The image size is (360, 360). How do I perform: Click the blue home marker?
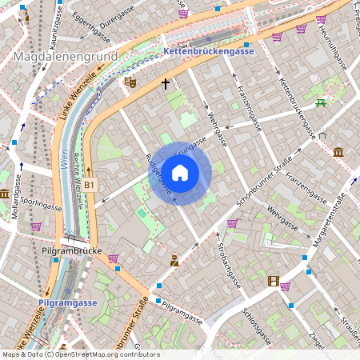pyautogui.click(x=180, y=173)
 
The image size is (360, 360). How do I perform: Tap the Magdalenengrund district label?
pyautogui.click(x=66, y=57)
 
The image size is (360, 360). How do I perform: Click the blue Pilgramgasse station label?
pyautogui.click(x=68, y=303)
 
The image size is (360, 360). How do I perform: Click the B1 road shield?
pyautogui.click(x=90, y=186)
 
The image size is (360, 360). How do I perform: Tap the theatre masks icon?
pyautogui.click(x=131, y=82)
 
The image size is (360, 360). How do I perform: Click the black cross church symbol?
pyautogui.click(x=166, y=83)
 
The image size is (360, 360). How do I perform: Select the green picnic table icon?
pyautogui.click(x=321, y=102)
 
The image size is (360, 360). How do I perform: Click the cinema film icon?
pyautogui.click(x=274, y=281)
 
